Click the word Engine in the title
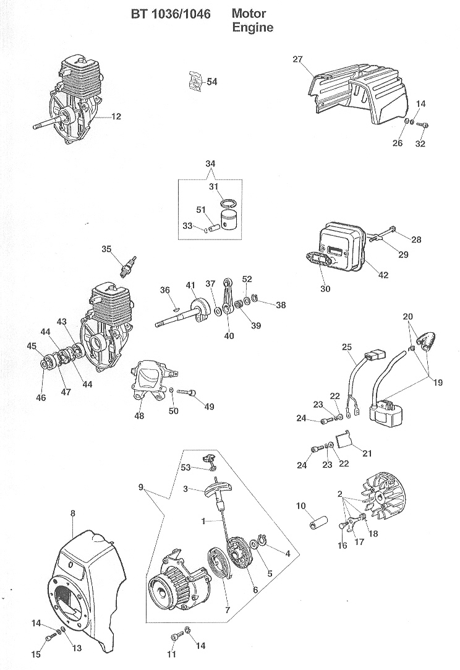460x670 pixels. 252,28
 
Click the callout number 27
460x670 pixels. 297,59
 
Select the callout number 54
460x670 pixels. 211,82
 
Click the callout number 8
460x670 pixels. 73,513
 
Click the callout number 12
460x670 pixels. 117,116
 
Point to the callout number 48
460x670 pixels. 139,416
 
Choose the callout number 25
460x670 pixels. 346,347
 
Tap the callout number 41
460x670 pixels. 190,285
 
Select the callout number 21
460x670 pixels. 367,453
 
